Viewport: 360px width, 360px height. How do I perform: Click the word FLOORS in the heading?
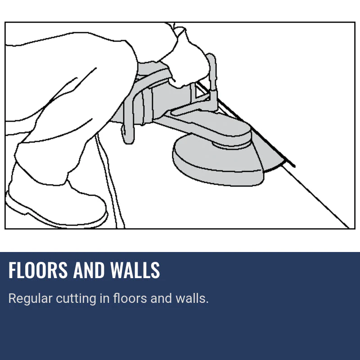click(38, 270)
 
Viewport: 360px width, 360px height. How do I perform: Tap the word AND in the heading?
click(89, 270)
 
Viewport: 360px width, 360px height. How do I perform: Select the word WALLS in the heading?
click(135, 270)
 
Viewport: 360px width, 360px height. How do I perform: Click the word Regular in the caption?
click(30, 299)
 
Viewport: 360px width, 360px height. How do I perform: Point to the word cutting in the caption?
click(76, 299)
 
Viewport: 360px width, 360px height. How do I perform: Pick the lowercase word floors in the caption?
click(130, 298)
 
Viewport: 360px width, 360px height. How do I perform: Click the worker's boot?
click(55, 202)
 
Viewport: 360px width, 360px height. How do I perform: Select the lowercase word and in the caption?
click(161, 298)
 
